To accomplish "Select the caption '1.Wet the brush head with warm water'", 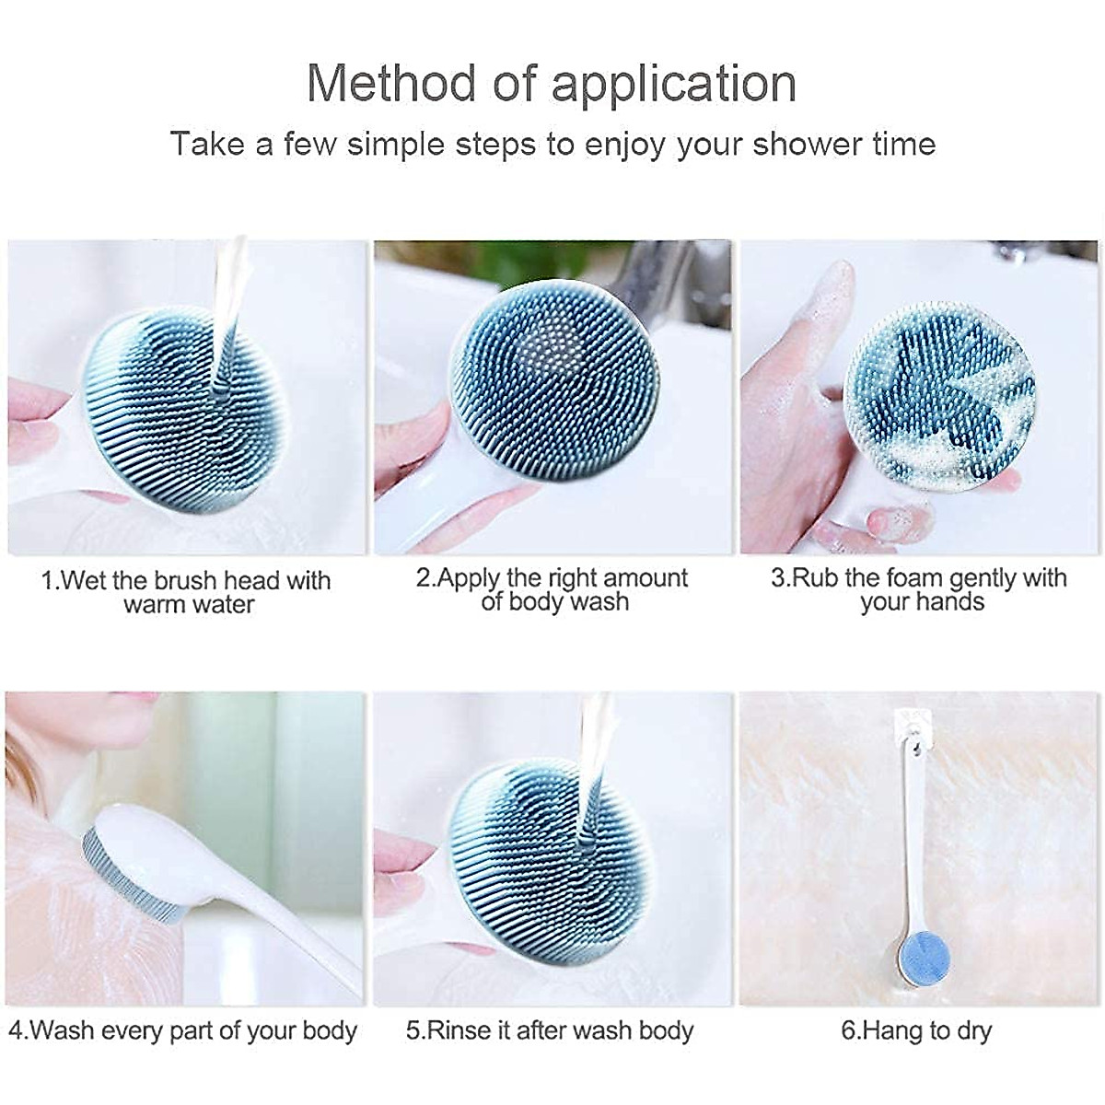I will pyautogui.click(x=187, y=592).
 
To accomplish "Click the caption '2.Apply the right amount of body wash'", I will pyautogui.click(x=552, y=589).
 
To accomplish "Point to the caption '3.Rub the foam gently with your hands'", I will pyautogui.click(x=919, y=589).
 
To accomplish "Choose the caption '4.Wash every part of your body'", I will pyautogui.click(x=182, y=1029).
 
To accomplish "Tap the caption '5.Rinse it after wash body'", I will pyautogui.click(x=550, y=1029).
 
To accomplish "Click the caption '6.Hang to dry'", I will pyautogui.click(x=916, y=1029).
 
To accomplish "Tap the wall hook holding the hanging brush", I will pyautogui.click(x=912, y=723).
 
